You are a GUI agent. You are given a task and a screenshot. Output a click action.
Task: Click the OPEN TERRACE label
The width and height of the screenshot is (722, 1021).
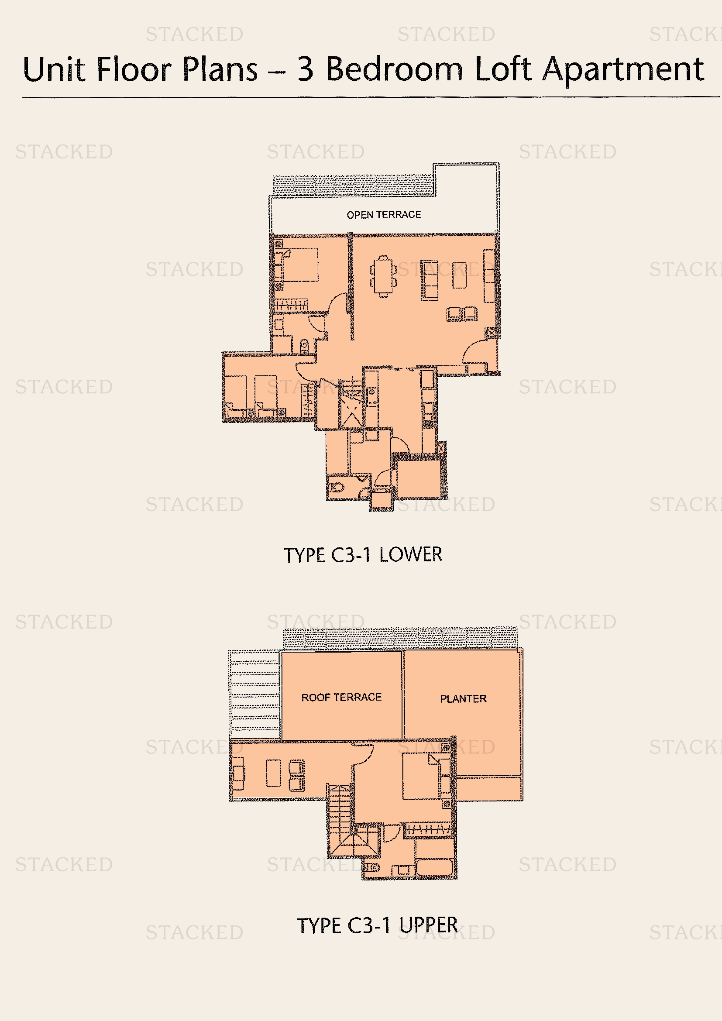[384, 215]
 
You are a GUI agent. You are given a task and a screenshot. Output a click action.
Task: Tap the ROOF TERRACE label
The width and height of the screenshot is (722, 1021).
[341, 697]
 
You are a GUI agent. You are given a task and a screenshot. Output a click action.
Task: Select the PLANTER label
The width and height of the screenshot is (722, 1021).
[463, 698]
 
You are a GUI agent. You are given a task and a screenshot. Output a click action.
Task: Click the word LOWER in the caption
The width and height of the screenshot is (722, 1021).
[410, 554]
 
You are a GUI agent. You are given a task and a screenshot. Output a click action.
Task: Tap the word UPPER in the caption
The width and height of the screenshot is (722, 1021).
[428, 925]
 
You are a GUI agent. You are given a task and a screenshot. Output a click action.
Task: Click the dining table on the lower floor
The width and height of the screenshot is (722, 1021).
[383, 276]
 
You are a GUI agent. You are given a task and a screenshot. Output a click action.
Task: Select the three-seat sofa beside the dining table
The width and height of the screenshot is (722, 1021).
[430, 280]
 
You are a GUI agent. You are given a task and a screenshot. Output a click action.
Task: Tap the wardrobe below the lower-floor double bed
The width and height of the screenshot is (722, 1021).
[291, 305]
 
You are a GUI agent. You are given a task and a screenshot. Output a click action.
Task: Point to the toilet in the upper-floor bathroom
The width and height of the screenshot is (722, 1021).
[371, 868]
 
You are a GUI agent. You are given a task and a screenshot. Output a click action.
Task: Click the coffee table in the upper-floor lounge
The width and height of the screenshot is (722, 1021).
[273, 773]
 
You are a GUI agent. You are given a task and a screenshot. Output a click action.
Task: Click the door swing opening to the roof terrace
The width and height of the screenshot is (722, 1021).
[364, 753]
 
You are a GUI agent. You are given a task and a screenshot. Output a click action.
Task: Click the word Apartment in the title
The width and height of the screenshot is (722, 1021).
[623, 71]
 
